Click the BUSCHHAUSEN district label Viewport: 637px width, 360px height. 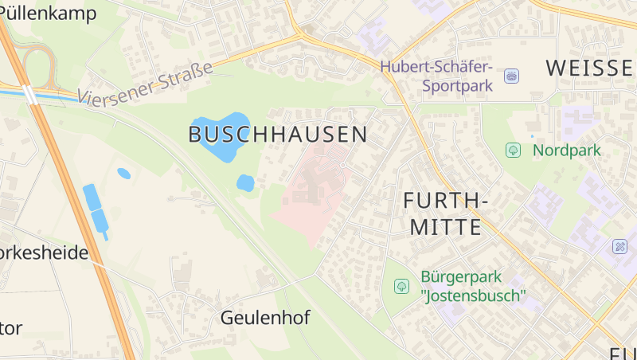tap(278, 134)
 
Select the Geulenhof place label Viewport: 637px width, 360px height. tap(264, 318)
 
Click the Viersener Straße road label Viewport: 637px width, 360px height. tap(147, 82)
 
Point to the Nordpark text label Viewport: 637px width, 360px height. tap(567, 150)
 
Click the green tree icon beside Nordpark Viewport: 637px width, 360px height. tap(513, 150)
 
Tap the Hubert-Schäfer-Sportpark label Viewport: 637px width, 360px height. tap(436, 75)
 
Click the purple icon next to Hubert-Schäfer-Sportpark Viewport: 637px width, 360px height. tap(511, 76)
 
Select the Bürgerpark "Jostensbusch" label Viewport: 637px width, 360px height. tap(473, 287)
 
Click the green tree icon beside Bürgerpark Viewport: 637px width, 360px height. tap(402, 286)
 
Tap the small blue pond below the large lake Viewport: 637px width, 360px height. tap(245, 182)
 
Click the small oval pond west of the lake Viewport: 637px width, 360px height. tap(123, 173)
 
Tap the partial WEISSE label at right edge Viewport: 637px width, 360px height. tap(589, 68)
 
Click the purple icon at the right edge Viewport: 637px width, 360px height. tap(620, 247)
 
